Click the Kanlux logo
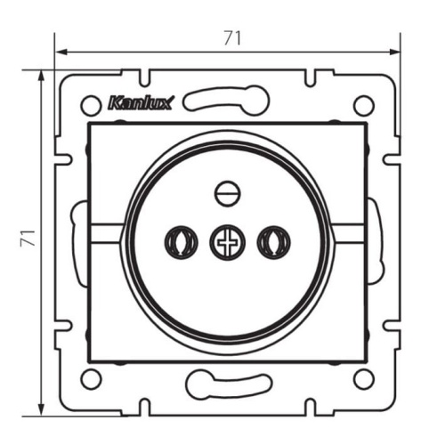coord(141,103)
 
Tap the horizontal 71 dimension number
coord(232,38)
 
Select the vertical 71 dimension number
coord(28,238)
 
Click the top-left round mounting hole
coord(91,105)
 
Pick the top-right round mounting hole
coord(364,105)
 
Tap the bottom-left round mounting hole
coord(91,379)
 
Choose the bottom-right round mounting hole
coord(364,379)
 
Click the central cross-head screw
coord(228,242)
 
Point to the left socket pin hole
coord(181,242)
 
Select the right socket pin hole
coord(274,242)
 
